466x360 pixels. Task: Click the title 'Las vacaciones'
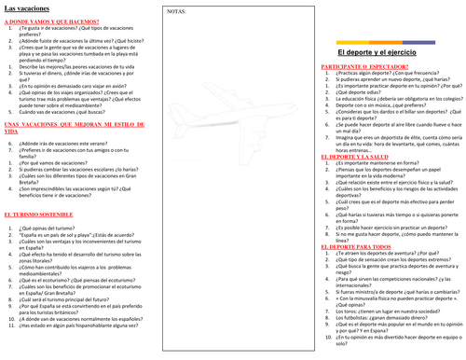(x=28, y=8)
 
